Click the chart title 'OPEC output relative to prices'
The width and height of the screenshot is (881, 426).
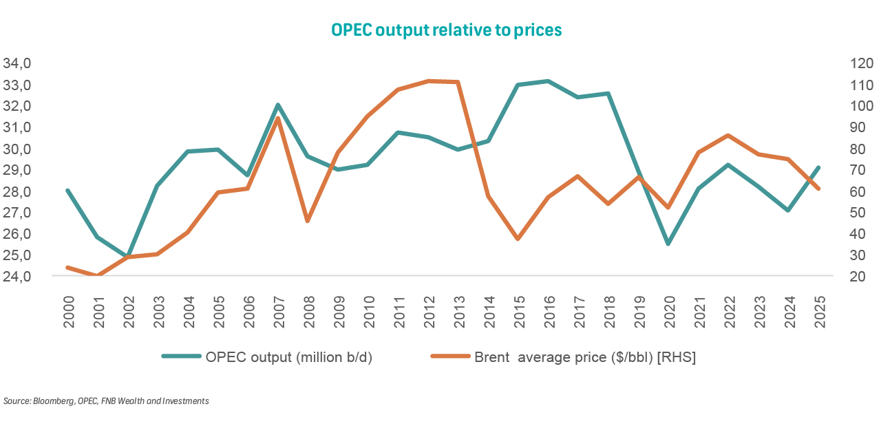[446, 30]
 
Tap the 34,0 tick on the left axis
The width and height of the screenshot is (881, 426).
[19, 64]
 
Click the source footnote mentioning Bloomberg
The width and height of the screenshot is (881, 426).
[106, 401]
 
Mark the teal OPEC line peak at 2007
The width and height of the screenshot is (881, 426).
[277, 105]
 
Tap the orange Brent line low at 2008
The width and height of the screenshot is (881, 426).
[308, 221]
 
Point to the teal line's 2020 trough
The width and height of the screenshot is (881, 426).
[668, 244]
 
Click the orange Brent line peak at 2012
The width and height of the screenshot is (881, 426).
[427, 81]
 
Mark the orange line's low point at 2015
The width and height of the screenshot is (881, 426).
[518, 239]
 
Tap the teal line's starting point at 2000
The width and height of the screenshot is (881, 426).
[67, 191]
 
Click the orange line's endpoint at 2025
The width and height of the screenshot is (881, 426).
[818, 189]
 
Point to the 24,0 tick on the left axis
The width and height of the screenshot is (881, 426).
[19, 277]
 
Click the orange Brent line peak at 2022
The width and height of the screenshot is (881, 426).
[728, 135]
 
